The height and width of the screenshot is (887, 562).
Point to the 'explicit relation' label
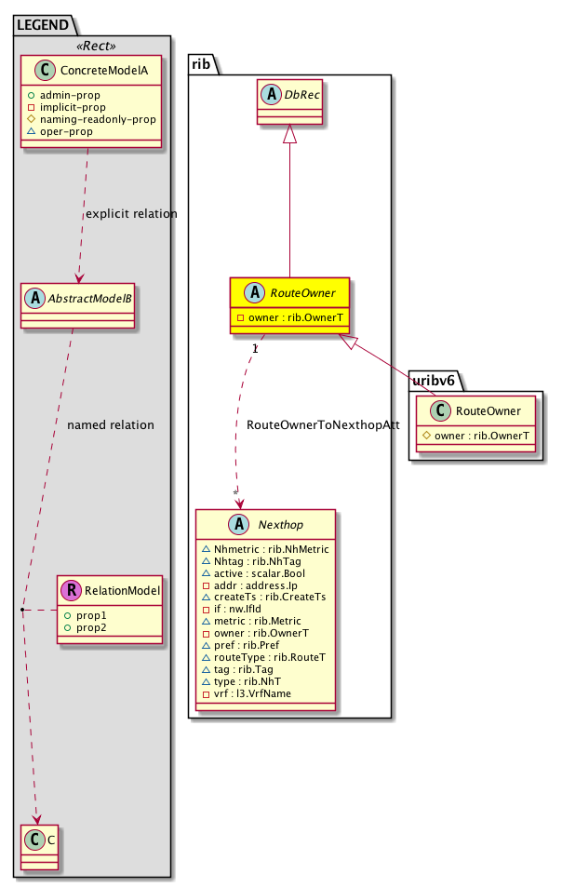131,213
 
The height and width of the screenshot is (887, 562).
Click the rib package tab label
202,62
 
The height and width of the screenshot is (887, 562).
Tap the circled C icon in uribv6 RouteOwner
437,410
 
